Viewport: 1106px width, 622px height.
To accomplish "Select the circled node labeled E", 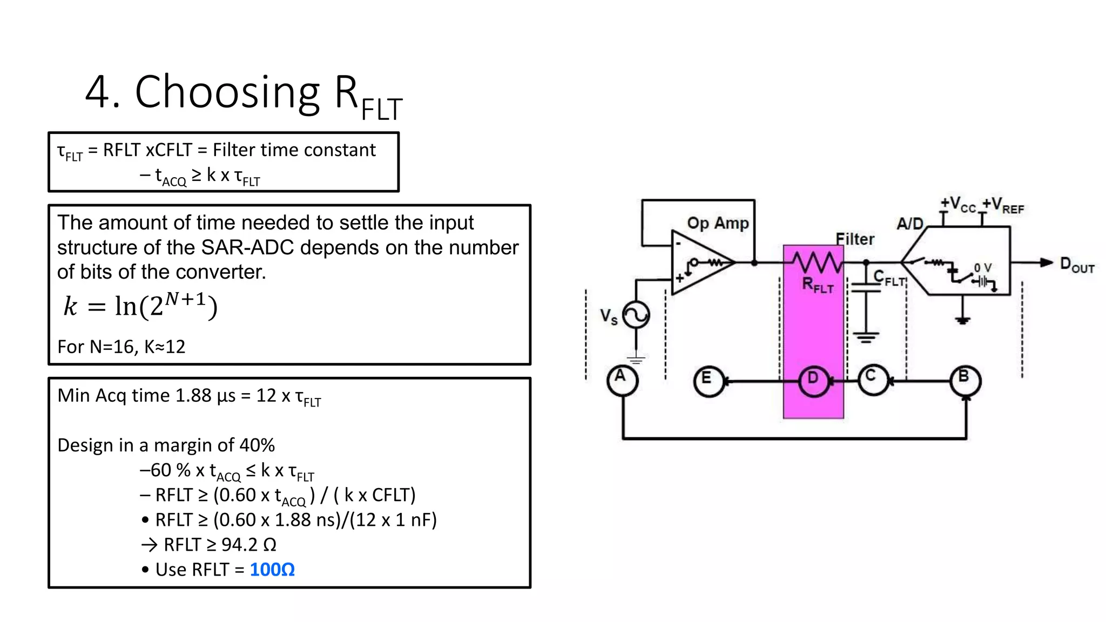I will point(708,381).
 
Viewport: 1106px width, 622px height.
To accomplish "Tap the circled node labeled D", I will point(813,381).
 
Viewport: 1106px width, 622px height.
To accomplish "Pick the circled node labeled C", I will point(873,380).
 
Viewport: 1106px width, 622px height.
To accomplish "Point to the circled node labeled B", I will point(965,380).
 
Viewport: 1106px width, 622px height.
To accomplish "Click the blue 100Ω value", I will point(272,570).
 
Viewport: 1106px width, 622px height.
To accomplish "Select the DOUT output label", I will point(1076,265).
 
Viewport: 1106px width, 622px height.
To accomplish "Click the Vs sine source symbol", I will point(636,315).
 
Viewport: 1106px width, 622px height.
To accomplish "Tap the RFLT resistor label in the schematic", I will point(817,285).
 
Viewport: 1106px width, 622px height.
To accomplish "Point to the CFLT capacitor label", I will point(889,279).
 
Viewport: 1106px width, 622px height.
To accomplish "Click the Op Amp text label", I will point(717,223).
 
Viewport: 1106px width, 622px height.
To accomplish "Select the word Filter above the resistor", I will point(854,239).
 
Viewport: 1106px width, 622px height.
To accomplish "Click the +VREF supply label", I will point(1003,206).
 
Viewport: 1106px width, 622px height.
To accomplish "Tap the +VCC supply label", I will point(957,205).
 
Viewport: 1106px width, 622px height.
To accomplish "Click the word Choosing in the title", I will point(227,92).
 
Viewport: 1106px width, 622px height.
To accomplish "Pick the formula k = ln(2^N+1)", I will point(140,306).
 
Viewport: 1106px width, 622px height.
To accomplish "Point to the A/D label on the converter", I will point(910,224).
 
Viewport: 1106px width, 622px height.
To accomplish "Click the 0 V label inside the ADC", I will point(982,268).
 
